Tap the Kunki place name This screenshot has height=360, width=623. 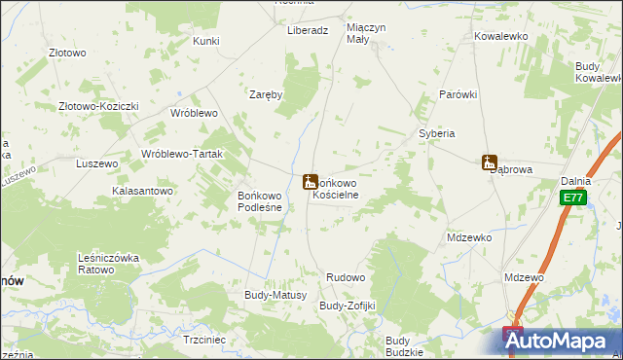(x=205, y=41)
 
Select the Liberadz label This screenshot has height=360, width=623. (x=308, y=30)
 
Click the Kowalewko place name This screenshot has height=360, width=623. (x=500, y=35)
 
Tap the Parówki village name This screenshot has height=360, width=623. (x=458, y=94)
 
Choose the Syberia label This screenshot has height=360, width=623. (x=437, y=133)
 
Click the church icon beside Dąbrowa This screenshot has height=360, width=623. (x=490, y=162)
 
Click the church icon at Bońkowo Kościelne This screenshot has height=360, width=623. (x=310, y=181)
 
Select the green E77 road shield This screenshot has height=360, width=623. (x=572, y=198)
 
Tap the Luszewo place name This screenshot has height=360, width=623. (x=97, y=164)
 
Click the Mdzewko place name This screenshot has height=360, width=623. (x=469, y=237)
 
